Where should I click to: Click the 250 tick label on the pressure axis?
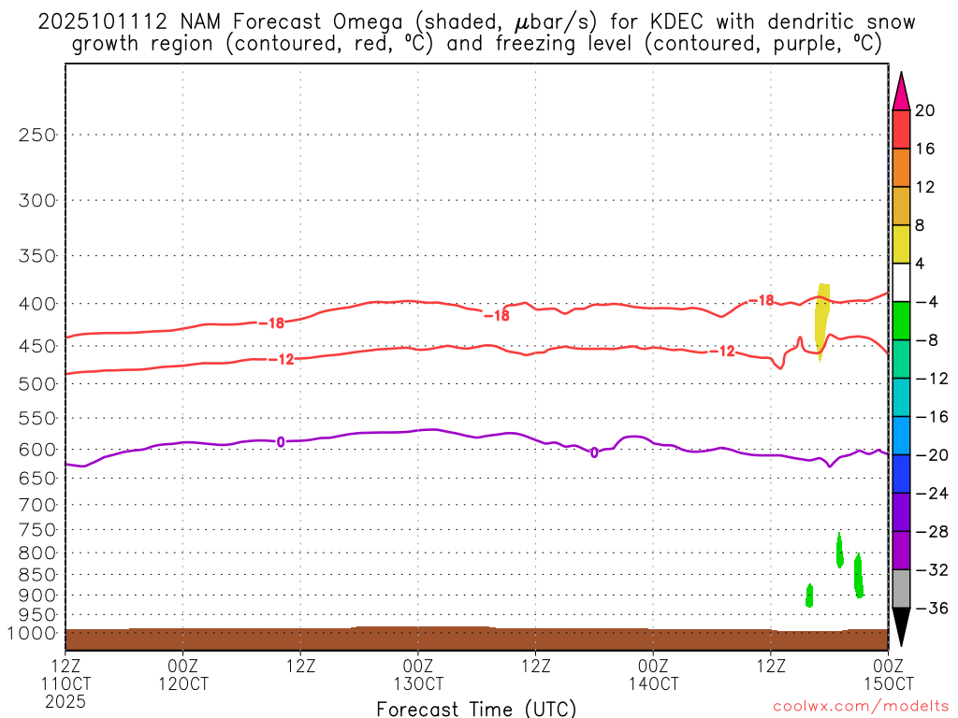tap(38, 135)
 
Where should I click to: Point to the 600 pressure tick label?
tap(38, 450)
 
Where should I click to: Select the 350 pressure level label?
tap(38, 255)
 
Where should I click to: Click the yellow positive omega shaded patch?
tap(822, 318)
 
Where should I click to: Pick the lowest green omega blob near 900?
tap(809, 596)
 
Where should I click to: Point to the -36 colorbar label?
tap(929, 609)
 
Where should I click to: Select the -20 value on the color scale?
tap(929, 455)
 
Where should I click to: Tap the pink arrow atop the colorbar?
tap(901, 92)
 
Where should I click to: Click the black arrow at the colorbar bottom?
tap(901, 626)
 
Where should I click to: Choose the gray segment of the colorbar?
tap(901, 589)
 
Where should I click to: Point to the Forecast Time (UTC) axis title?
tap(476, 708)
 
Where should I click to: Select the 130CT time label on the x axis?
tap(417, 683)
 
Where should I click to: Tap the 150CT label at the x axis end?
tap(887, 683)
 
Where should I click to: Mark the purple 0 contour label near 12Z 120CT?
tap(281, 441)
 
